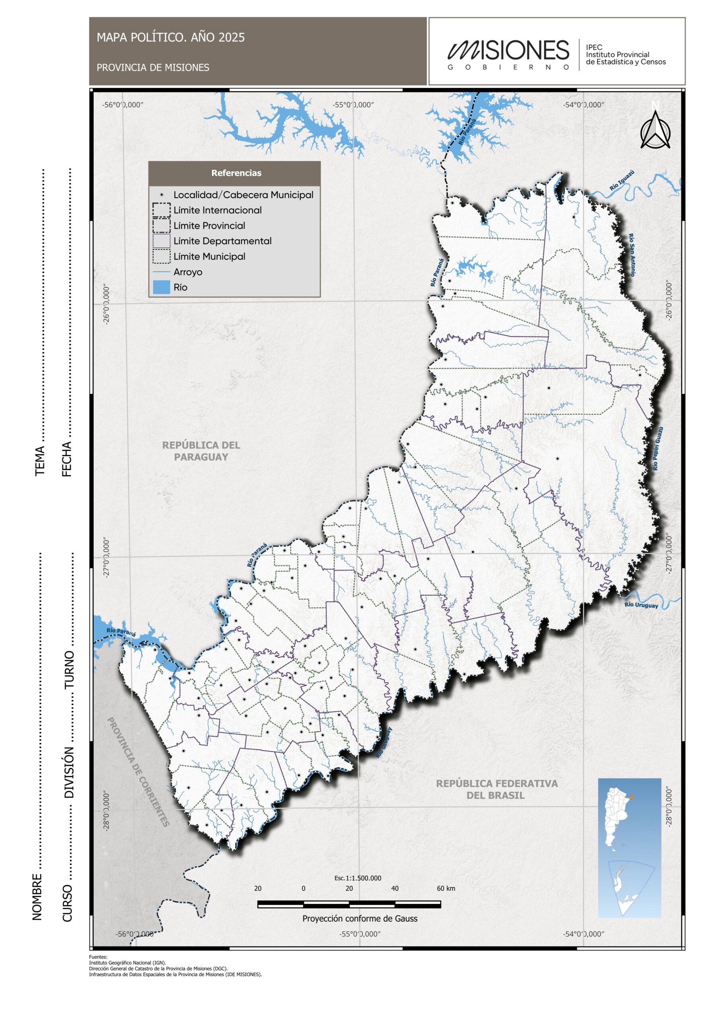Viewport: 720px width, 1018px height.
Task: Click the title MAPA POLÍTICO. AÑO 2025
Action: (x=170, y=38)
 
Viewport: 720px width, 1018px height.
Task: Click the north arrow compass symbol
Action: (x=655, y=129)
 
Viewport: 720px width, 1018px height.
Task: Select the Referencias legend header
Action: (x=236, y=173)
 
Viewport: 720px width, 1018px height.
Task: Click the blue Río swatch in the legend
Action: (x=161, y=288)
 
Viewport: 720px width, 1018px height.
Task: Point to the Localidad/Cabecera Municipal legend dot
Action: (x=162, y=194)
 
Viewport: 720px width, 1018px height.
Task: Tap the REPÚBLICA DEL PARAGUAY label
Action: (x=201, y=451)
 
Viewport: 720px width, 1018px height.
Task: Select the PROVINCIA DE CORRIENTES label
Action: (x=138, y=772)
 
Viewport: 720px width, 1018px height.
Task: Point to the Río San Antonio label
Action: (x=632, y=254)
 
